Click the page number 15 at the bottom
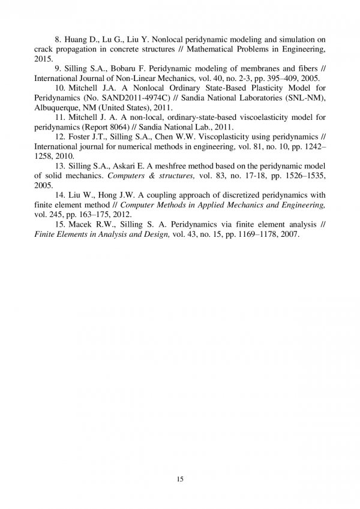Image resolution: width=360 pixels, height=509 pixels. click(180, 479)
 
